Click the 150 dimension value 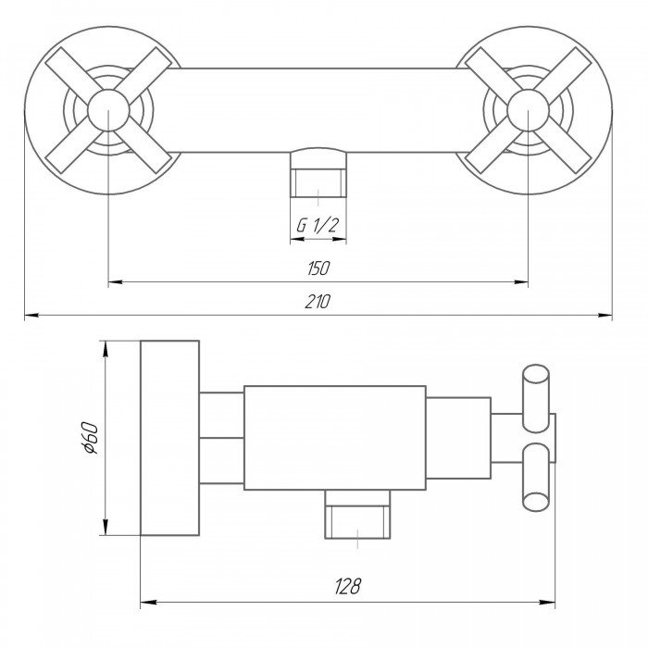tap(318, 268)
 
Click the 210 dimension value tap(318, 302)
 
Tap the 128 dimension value tap(347, 586)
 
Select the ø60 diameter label tap(90, 438)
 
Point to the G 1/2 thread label tap(318, 225)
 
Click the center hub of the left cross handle tap(108, 110)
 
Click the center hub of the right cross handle tap(528, 110)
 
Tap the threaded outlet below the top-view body tap(318, 173)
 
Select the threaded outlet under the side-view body tap(357, 515)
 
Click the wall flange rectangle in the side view tap(169, 438)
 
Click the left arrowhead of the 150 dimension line tap(115, 282)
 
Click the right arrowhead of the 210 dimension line tap(605, 316)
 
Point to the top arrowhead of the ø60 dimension tap(106, 348)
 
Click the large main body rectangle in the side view tap(335, 438)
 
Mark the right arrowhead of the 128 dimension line tap(548, 602)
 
